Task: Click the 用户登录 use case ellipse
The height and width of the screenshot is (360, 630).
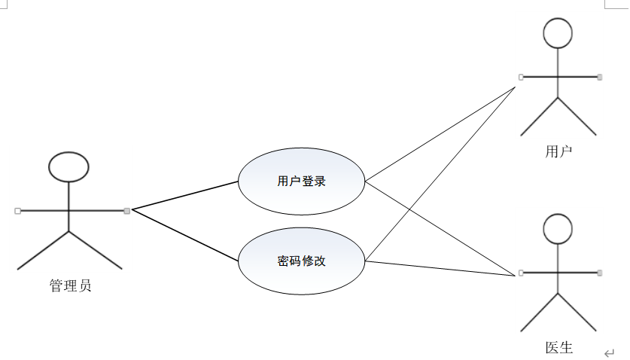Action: coord(301,182)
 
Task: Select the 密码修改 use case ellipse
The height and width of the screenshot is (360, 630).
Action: coord(301,262)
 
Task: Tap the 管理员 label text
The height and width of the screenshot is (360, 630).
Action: coord(70,286)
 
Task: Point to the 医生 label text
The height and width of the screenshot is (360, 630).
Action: coord(558,348)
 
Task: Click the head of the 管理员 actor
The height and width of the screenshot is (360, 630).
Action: coord(68,166)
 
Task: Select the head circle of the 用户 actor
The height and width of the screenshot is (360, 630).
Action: coord(558,33)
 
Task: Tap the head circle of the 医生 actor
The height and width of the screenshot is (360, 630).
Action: coord(558,229)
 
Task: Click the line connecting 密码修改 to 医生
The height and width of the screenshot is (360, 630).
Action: coord(440,267)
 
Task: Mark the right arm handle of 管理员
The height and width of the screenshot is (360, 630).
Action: coord(126,210)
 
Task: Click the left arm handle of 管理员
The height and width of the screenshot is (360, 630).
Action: coord(17,210)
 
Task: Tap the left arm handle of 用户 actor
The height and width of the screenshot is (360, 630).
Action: coord(520,76)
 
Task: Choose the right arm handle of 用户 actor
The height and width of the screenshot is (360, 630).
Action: coord(600,76)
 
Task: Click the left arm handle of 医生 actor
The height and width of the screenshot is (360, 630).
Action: coord(520,272)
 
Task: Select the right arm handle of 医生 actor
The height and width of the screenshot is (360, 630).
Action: coord(600,272)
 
